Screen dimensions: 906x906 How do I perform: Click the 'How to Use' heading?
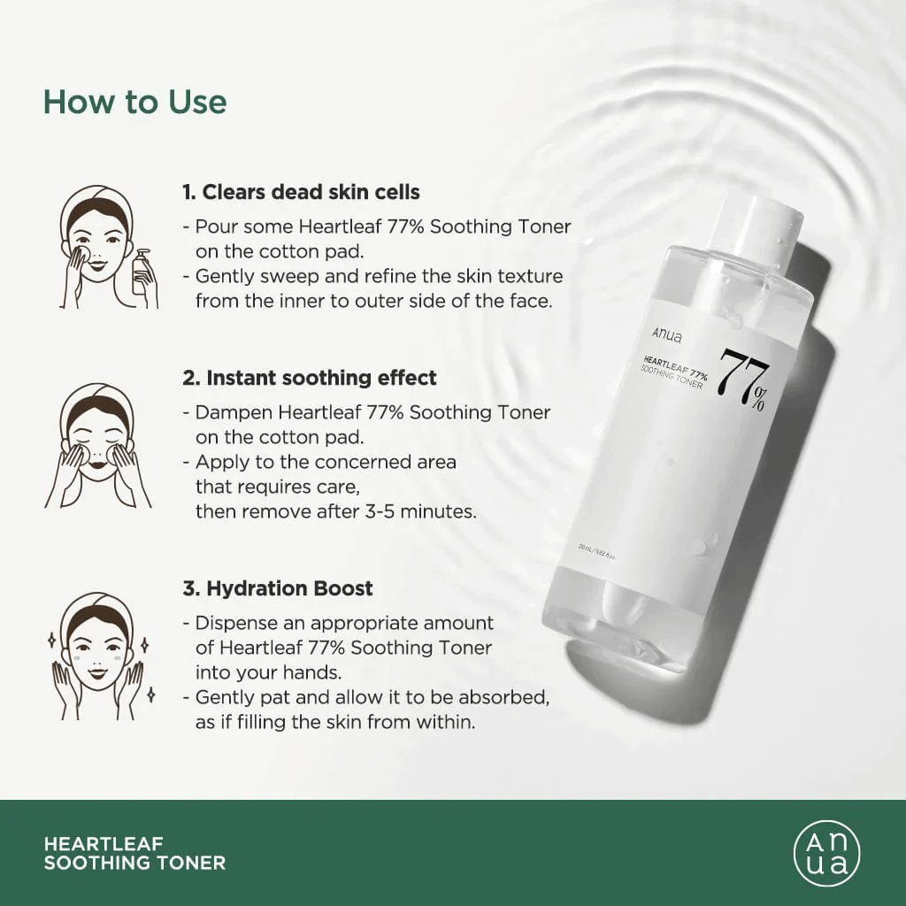point(134,102)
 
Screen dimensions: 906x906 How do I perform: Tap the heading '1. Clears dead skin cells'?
point(301,192)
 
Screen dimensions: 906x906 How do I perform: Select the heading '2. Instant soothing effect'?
point(310,378)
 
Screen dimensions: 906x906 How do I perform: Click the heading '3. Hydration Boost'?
point(278,588)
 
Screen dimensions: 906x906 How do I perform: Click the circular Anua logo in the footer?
point(826,853)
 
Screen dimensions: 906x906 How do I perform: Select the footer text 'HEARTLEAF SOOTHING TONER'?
point(134,853)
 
